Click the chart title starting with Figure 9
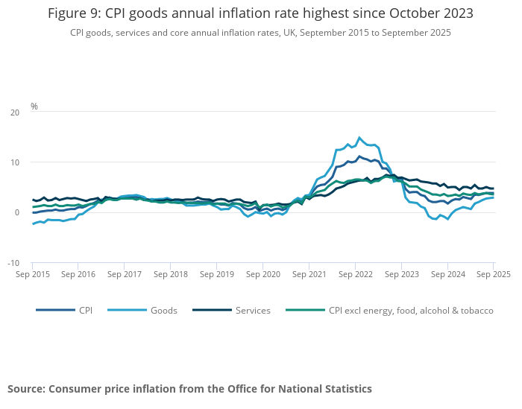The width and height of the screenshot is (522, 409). pyautogui.click(x=260, y=13)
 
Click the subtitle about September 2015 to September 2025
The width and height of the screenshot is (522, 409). pyautogui.click(x=260, y=33)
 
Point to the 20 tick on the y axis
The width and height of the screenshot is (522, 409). pyautogui.click(x=14, y=112)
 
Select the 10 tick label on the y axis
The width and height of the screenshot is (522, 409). pyautogui.click(x=14, y=162)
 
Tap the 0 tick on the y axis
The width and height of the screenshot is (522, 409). pyautogui.click(x=16, y=212)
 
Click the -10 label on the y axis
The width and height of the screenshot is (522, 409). pyautogui.click(x=13, y=263)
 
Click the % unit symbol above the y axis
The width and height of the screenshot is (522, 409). pyautogui.click(x=34, y=107)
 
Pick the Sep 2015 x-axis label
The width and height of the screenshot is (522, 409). pyautogui.click(x=33, y=275)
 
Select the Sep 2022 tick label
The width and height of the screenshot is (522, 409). pyautogui.click(x=356, y=275)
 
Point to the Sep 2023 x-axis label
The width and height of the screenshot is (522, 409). pyautogui.click(x=402, y=275)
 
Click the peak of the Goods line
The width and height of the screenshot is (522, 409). pyautogui.click(x=359, y=138)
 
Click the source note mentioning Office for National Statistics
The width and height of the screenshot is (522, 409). pyautogui.click(x=189, y=389)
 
